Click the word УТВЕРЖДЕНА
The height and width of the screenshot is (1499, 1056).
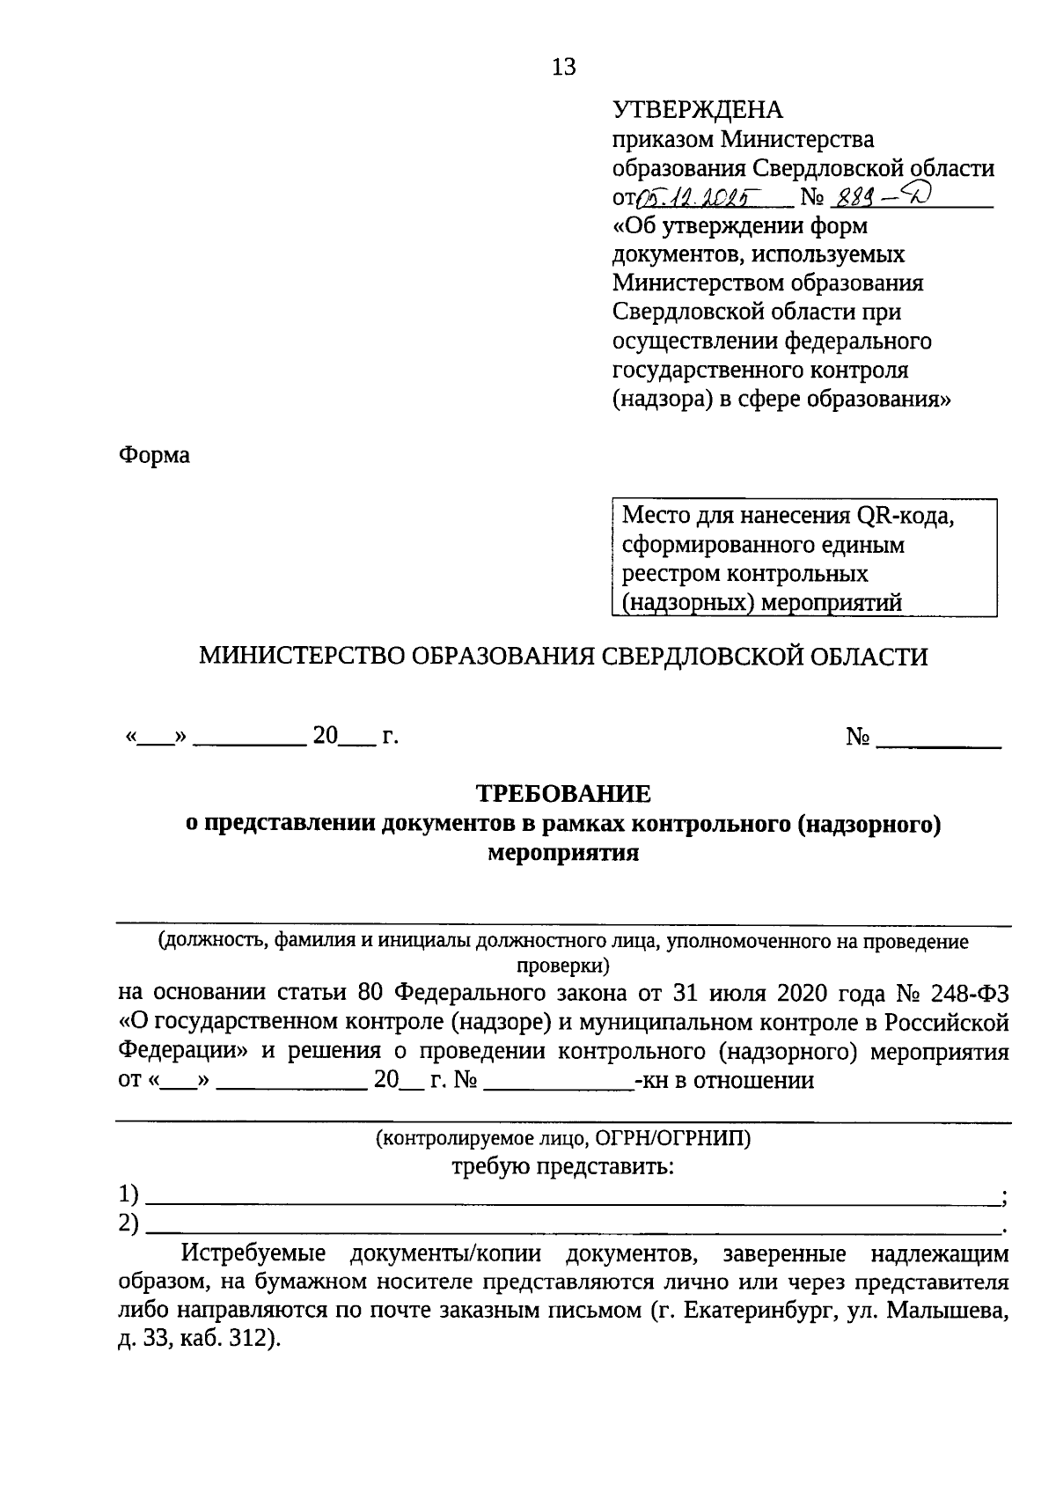pos(697,110)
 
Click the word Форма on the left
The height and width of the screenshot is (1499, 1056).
pos(154,456)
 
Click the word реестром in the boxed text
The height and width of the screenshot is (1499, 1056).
pos(671,574)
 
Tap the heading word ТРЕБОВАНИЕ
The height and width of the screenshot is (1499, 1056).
pos(563,793)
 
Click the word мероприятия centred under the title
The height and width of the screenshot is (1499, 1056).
pos(563,852)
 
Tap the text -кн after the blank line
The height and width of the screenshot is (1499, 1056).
pos(651,1080)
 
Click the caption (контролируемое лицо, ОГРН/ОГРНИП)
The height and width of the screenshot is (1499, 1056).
pos(563,1139)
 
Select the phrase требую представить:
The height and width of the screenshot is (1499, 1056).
pos(563,1167)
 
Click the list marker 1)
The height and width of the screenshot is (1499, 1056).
pos(129,1195)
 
